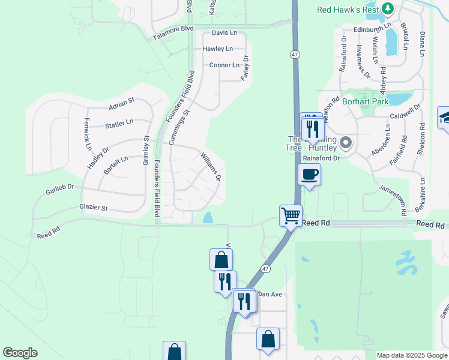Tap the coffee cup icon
pos(309,175)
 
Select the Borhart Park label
pos(366,102)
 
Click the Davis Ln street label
pos(224,32)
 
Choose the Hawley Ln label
pos(217,49)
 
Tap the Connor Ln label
pos(224,65)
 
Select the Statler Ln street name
pos(119,124)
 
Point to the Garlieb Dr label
pos(59,191)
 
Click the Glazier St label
pos(93,208)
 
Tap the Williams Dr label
pos(211,167)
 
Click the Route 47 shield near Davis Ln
pos(294,54)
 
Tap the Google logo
pos(20,353)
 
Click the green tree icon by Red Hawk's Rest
pos(388,9)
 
